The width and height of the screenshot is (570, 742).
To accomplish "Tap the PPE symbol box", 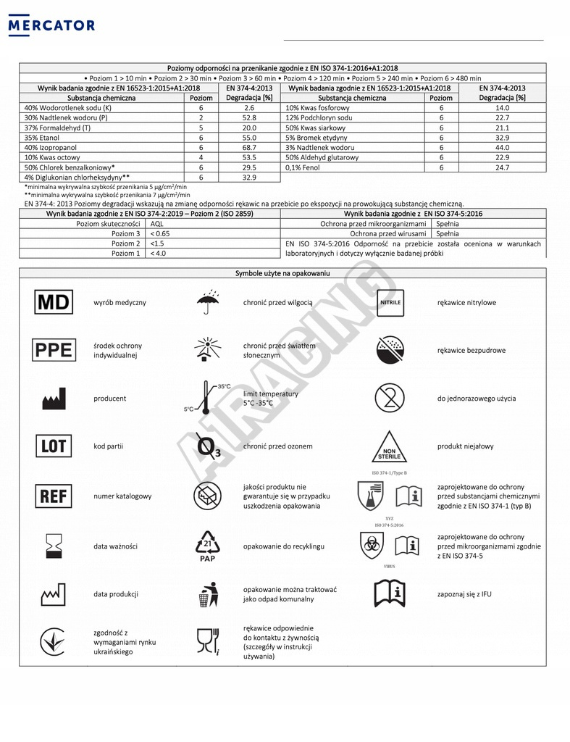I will coord(54,350).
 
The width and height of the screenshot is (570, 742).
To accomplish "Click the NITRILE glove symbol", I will coord(390,302).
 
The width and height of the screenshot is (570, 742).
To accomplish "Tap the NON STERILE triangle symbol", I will coord(390,448).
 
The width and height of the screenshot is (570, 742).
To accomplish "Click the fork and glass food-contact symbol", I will coord(207,641).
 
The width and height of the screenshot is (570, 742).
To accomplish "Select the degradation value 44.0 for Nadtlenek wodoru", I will coord(502,147).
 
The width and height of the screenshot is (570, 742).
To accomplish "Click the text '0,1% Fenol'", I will coord(304,167).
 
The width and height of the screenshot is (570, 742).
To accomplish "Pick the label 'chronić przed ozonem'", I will coord(277,446).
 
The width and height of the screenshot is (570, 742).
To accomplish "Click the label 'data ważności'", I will coord(115,546).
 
